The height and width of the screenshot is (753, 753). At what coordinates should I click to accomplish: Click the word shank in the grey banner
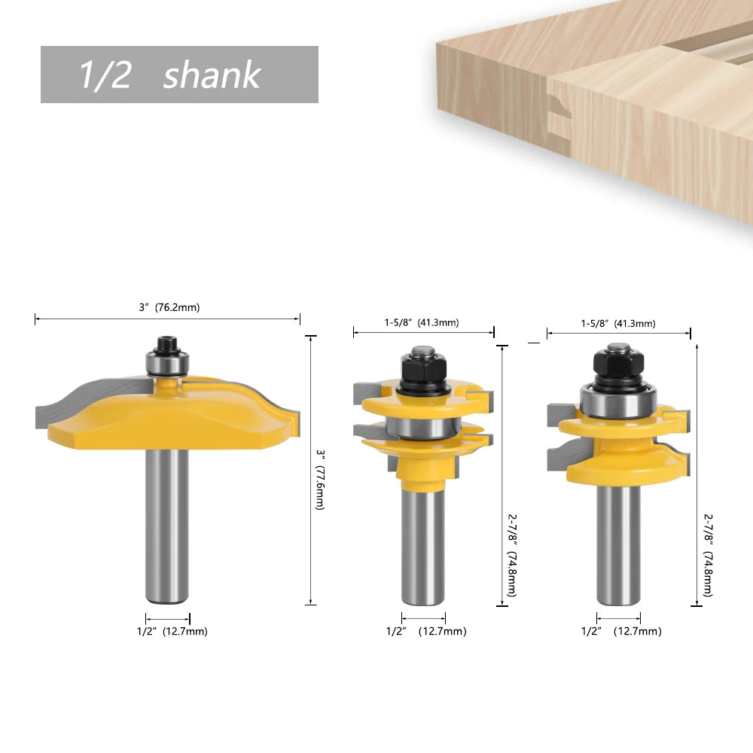[212, 75]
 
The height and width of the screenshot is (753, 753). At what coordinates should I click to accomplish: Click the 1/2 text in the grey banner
[105, 75]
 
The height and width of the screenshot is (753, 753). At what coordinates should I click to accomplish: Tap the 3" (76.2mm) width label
[169, 307]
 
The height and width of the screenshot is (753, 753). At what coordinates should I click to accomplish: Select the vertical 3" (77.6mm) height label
[320, 480]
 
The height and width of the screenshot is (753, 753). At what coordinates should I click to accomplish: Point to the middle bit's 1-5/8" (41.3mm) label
[421, 323]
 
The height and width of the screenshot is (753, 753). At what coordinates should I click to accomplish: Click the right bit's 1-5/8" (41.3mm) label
[618, 324]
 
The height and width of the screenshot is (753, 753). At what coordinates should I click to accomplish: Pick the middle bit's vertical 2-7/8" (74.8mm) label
[512, 555]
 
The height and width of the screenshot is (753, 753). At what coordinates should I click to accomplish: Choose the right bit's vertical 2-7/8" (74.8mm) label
[709, 555]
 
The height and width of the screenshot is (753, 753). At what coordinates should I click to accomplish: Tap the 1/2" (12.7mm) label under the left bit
[172, 632]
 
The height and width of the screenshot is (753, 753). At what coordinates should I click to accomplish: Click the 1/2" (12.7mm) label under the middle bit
[426, 632]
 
